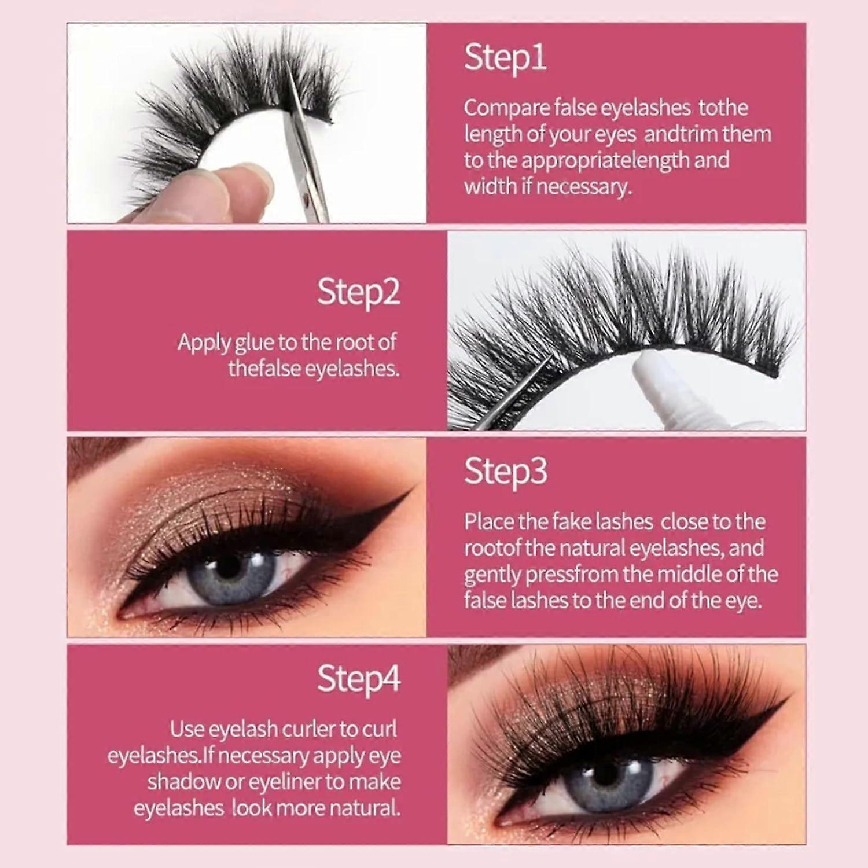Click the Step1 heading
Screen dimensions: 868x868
pos(505,58)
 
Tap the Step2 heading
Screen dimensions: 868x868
pos(358,292)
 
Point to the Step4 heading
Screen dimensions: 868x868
pos(359,678)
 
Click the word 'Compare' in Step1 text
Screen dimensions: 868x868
pos(506,108)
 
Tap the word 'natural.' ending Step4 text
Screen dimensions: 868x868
pos(361,808)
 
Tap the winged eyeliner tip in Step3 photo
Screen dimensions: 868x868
pos(412,488)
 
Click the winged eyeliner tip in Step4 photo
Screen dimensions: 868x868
pos(786,699)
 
